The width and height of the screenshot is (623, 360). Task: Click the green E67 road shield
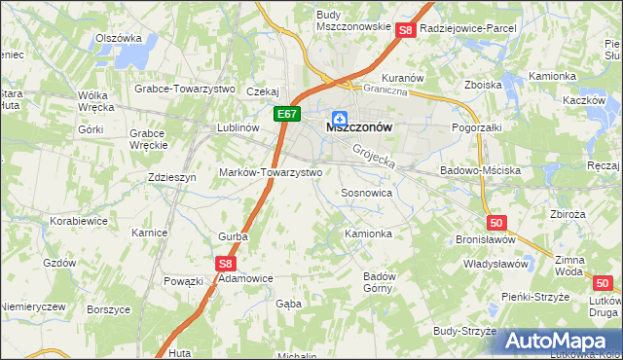[x=286, y=115]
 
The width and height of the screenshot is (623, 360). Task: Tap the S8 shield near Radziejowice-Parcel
[x=407, y=30]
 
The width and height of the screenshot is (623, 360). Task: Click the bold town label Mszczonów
[x=359, y=127]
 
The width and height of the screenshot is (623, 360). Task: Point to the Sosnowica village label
[x=366, y=194]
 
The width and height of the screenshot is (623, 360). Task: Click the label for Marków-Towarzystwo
[x=271, y=171]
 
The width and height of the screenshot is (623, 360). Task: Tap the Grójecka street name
[x=374, y=155]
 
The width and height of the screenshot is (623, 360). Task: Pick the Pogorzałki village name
[x=477, y=127]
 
